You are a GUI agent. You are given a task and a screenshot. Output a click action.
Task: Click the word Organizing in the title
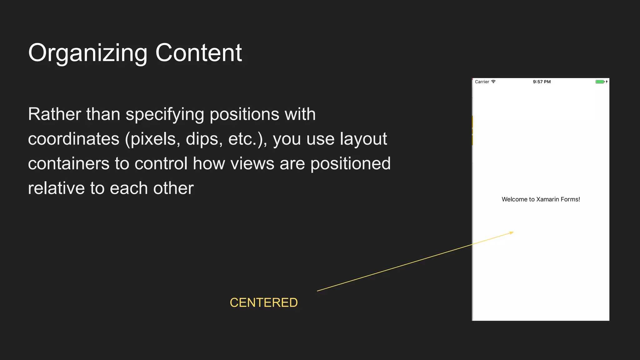click(x=87, y=53)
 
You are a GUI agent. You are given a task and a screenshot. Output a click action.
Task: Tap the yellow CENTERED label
click(x=264, y=302)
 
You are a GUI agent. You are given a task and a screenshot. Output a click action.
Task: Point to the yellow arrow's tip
click(x=513, y=232)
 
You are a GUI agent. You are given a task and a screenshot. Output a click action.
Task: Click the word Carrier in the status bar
click(x=482, y=82)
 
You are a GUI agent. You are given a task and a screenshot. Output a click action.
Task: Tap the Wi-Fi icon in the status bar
click(x=493, y=82)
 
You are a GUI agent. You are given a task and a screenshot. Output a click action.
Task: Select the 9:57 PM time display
click(x=542, y=82)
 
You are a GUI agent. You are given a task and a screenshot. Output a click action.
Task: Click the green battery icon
click(x=599, y=82)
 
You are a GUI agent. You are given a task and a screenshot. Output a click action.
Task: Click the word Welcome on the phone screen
click(x=514, y=199)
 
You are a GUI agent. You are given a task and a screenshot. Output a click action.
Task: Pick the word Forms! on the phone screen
click(x=570, y=199)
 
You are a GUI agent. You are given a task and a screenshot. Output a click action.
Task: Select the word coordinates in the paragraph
click(x=74, y=139)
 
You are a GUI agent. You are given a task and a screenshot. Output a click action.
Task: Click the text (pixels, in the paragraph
click(x=152, y=139)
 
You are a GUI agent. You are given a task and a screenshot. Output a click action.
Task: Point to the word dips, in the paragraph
click(x=204, y=139)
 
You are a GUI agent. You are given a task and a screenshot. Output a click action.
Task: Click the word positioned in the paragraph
click(x=350, y=163)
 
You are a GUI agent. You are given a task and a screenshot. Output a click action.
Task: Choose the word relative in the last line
click(x=56, y=188)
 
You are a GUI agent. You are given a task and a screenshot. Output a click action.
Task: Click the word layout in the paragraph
click(x=363, y=139)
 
